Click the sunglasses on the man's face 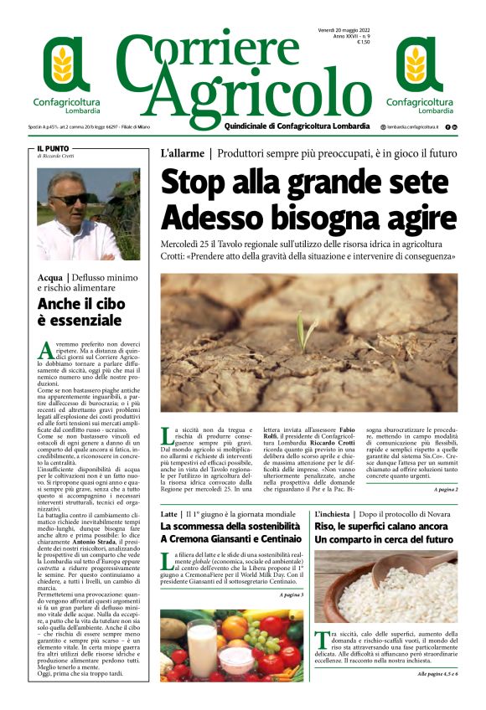70,198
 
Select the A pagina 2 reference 445,466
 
